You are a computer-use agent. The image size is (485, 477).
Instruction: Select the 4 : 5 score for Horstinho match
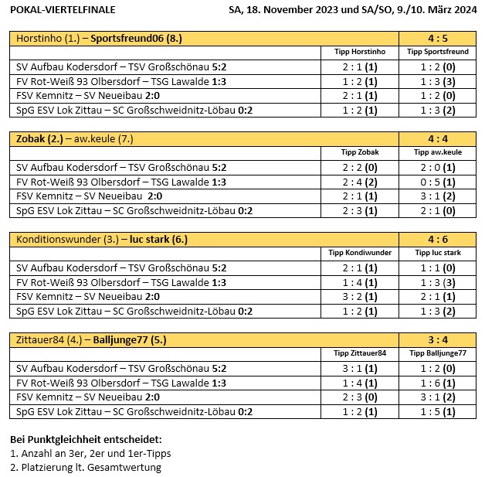tap(437, 38)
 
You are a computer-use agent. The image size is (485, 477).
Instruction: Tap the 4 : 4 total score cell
tap(437, 138)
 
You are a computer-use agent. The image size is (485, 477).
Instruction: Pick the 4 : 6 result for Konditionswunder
tap(437, 239)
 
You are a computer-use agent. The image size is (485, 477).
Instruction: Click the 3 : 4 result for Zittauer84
tap(437, 339)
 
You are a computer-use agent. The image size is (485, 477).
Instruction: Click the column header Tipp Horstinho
tap(360, 52)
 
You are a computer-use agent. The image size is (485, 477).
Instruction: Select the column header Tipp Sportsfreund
tap(437, 52)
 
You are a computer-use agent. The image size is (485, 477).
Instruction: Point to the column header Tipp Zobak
tap(360, 152)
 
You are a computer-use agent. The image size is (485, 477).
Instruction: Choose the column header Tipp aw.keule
tap(437, 152)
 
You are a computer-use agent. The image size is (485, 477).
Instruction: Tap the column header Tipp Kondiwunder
tap(360, 253)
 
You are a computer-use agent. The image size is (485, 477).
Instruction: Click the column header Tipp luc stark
tap(437, 253)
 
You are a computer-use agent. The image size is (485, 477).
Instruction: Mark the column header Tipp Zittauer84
tap(360, 353)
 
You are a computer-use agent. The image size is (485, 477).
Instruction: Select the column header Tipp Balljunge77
tap(437, 353)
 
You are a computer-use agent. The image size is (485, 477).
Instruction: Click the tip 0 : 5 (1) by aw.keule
tap(437, 182)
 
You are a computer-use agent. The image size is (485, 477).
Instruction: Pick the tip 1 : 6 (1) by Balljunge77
tap(437, 383)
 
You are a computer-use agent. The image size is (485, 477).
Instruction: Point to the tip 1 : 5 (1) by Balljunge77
tap(437, 412)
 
